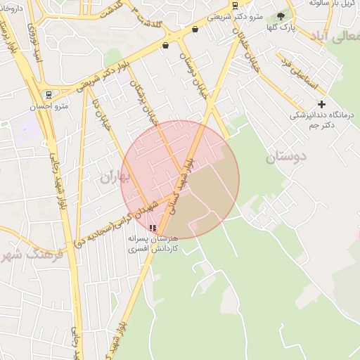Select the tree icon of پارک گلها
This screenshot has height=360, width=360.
(x=281, y=15)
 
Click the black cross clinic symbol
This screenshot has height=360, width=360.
(x=322, y=104)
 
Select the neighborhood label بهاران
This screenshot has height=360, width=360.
(x=116, y=176)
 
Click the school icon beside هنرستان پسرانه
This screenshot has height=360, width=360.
(x=153, y=228)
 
